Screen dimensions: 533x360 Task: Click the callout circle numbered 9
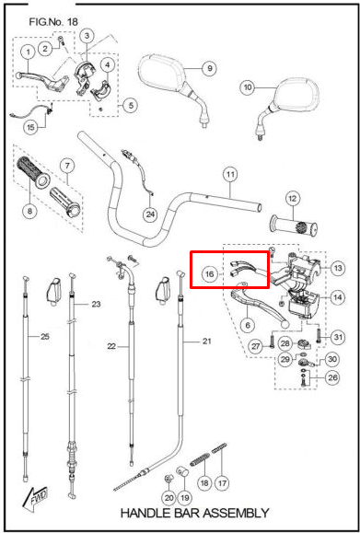209,68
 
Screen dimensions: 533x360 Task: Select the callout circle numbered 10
247,87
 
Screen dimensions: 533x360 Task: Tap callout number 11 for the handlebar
230,173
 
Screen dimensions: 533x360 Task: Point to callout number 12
293,197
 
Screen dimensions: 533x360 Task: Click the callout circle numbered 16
210,273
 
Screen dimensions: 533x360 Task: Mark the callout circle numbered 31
338,337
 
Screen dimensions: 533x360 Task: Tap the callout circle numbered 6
248,324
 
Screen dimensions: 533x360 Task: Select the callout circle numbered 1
28,50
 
